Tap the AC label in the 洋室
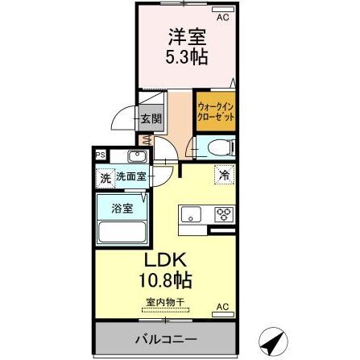coord(223,14)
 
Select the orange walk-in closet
coord(214,110)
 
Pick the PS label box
coord(101,155)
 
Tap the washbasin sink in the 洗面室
coord(136,156)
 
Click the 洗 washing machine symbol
coord(105,176)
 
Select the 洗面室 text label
coord(129,176)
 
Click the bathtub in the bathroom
coord(121,231)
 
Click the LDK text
coord(166,260)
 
